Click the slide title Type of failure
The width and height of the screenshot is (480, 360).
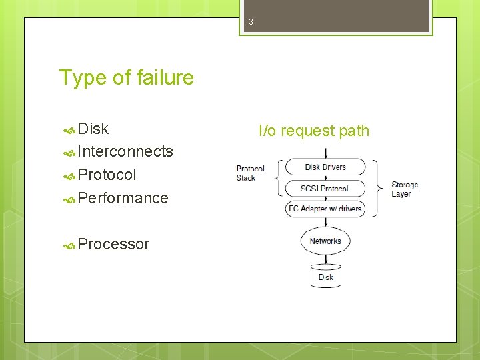click(126, 78)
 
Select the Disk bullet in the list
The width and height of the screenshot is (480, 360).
click(93, 129)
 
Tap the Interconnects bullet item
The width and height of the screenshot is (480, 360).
click(125, 151)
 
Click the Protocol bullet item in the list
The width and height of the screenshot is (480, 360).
click(107, 175)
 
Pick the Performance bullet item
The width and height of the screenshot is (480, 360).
click(123, 198)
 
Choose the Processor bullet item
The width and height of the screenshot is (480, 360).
click(113, 244)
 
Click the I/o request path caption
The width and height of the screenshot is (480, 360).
click(313, 131)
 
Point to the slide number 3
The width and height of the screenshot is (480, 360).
click(251, 22)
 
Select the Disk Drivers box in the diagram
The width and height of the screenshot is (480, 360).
click(325, 167)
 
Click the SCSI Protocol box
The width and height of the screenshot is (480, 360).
click(325, 188)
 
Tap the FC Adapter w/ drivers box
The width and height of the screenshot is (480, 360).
click(325, 209)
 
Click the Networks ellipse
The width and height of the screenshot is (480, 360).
click(325, 241)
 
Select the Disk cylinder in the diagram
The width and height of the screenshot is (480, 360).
click(325, 276)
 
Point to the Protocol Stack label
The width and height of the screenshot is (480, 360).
click(250, 173)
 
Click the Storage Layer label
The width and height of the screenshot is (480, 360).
click(405, 189)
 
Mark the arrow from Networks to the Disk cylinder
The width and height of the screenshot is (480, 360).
click(325, 259)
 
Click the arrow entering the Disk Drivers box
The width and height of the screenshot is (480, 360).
click(325, 152)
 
